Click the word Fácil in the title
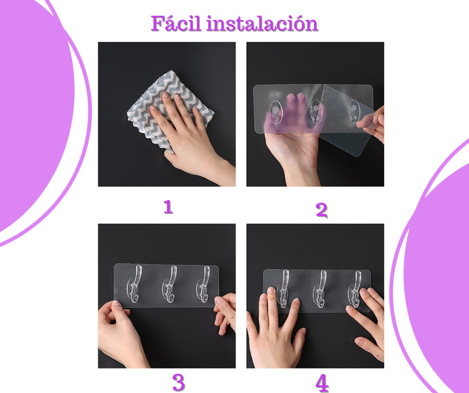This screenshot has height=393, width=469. click(x=176, y=23)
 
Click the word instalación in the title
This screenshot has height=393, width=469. click(x=262, y=23)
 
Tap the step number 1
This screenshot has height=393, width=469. click(x=168, y=207)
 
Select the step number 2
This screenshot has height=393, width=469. click(x=322, y=210)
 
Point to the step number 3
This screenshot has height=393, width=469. click(x=179, y=382)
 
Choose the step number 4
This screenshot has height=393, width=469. click(x=322, y=383)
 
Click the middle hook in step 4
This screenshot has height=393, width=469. click(x=321, y=288)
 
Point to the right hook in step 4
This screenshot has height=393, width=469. click(x=356, y=289)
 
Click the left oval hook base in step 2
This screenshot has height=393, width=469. click(x=276, y=112)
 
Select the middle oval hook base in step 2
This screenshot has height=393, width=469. click(x=315, y=111)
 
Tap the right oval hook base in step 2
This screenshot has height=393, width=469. click(x=354, y=111)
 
